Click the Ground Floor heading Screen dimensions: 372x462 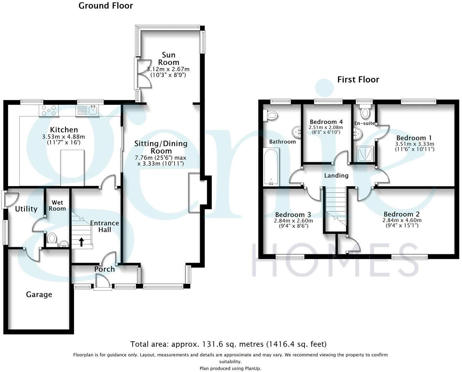pos(106,6)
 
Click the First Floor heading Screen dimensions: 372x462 pos(358,79)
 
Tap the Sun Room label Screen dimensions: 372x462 pos(168,58)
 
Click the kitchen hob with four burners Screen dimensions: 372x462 pos(49,111)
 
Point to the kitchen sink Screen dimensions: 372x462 pos(89,110)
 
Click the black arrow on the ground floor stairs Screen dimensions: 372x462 pos(81,242)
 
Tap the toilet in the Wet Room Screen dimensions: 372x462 pos(52,238)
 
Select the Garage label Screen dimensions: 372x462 pos(39,295)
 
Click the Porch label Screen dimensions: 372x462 pos(104,269)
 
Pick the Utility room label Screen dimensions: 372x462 pos(26,209)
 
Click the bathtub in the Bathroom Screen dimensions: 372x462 pos(271,167)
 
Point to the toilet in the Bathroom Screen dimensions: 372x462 pos(271,115)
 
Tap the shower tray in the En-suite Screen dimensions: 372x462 pos(364,154)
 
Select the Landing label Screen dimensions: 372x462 pos(336,175)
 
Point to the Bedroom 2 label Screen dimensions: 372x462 pos(401,214)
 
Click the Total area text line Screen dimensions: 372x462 pos(228,344)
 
